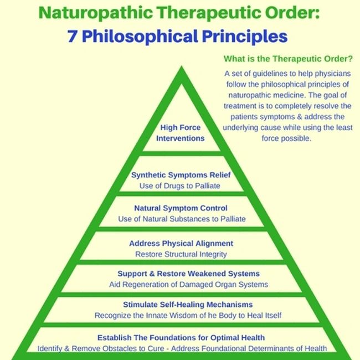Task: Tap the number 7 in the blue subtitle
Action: pos(72,36)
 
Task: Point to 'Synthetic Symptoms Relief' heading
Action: pos(181,176)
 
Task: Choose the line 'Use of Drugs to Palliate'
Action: pos(180,186)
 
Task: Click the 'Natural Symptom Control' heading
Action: pos(181,208)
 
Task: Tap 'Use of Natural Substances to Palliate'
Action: pos(181,219)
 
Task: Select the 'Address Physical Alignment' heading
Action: pos(181,243)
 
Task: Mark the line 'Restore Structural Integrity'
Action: pos(181,254)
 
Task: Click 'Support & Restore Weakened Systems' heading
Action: pos(181,274)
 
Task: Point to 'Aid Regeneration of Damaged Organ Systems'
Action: pos(181,285)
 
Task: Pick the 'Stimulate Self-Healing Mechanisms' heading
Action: pos(181,305)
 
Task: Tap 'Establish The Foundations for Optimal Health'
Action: pos(181,337)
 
